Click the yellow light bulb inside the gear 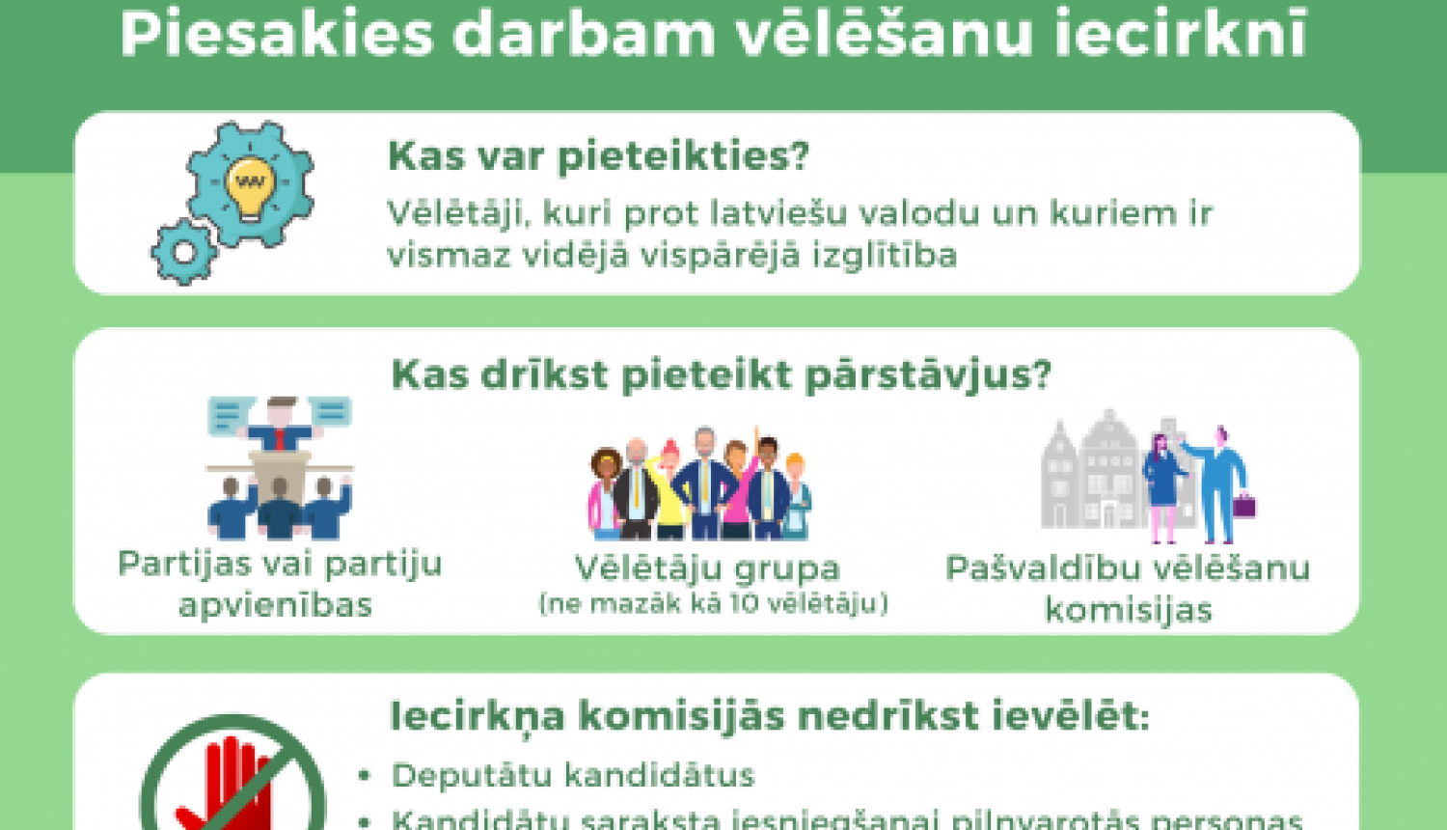tap(251, 184)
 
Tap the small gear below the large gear tap(183, 252)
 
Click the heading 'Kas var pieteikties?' tap(598, 155)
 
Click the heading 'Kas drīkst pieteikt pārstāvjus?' tap(721, 374)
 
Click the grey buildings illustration tap(1090, 473)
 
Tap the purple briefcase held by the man tap(1243, 505)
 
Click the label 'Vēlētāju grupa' tap(708, 567)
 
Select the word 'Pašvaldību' tap(1040, 568)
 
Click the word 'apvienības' tap(276, 605)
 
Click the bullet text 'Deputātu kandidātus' tap(573, 775)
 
